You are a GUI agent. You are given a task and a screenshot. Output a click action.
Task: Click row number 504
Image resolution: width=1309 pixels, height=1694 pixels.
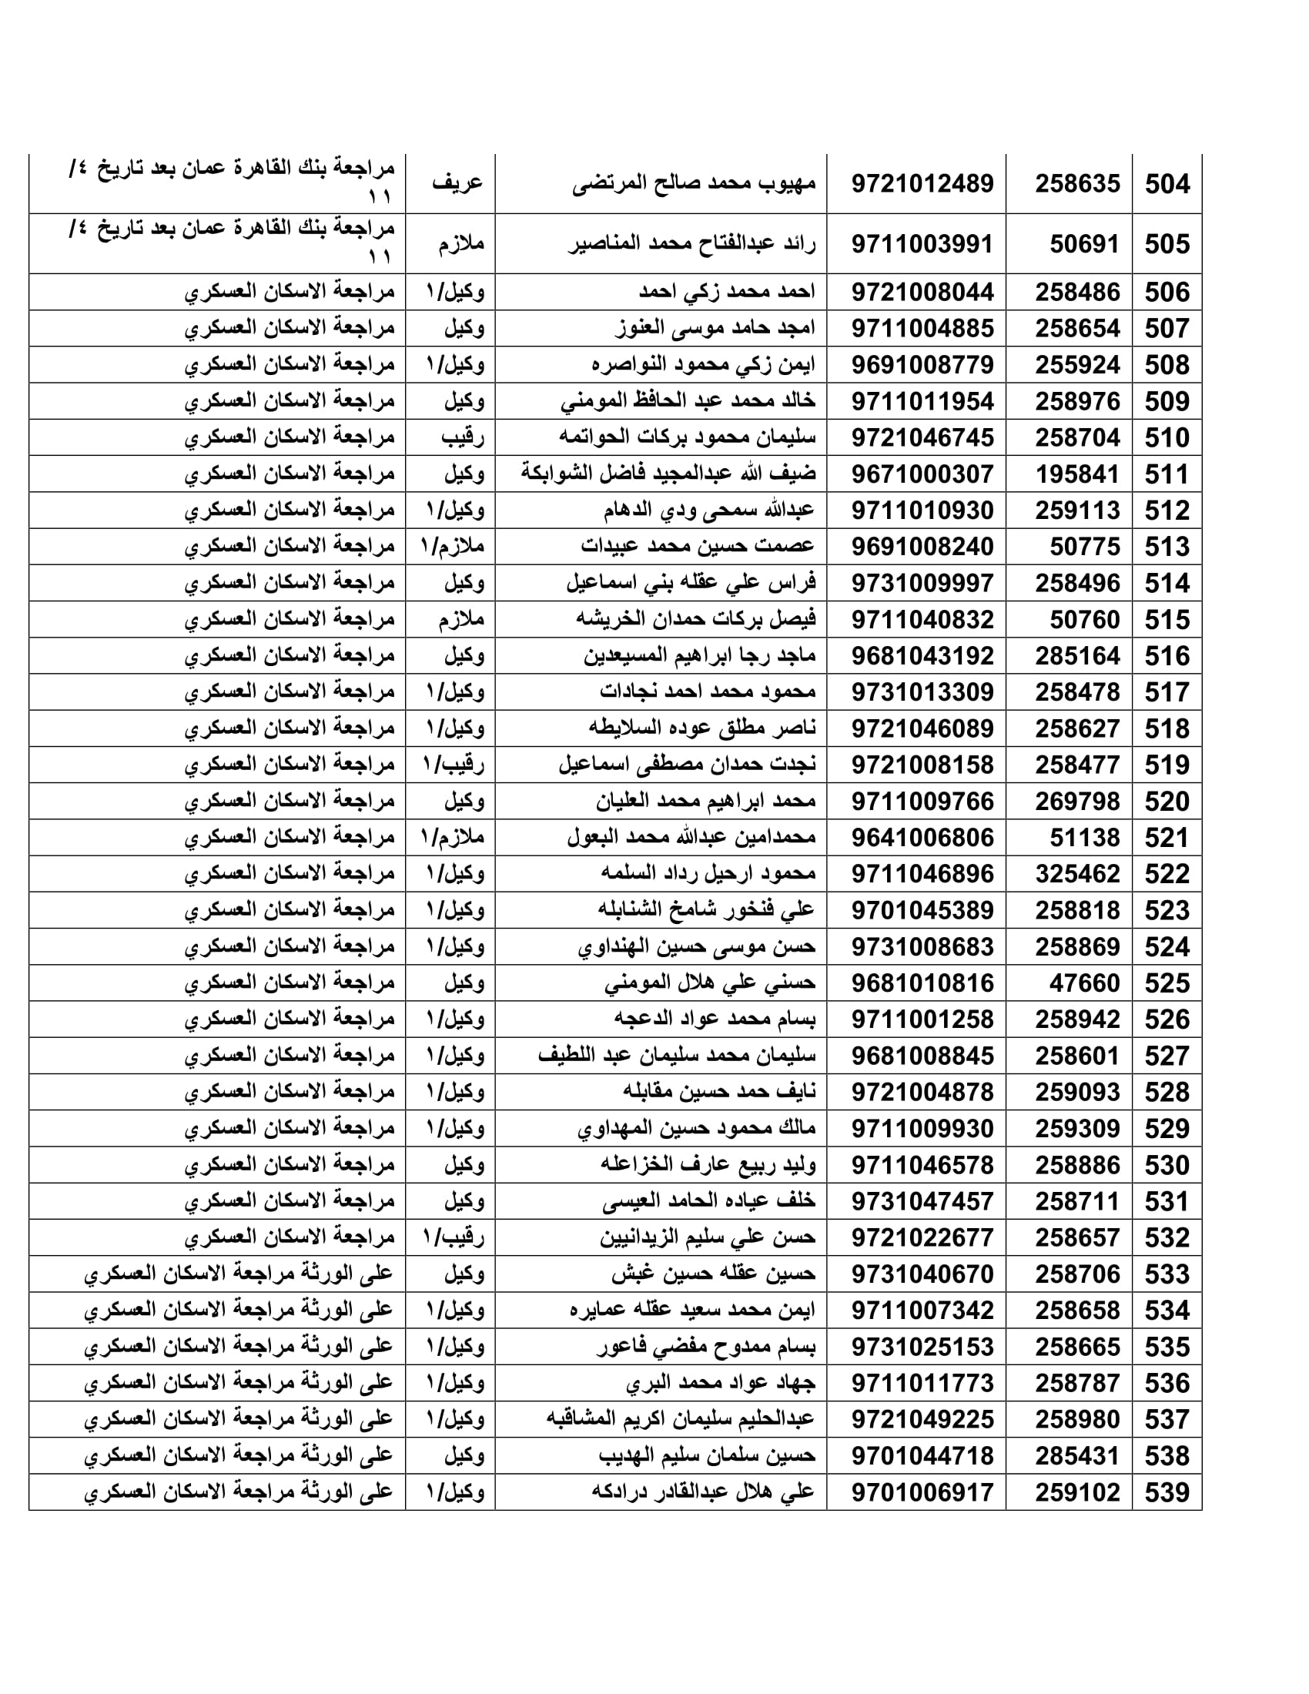click(1167, 185)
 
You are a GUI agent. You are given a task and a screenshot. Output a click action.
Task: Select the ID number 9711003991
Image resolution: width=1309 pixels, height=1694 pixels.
click(922, 244)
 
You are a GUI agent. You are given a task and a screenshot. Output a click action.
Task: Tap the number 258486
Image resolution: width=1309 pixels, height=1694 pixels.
click(1077, 293)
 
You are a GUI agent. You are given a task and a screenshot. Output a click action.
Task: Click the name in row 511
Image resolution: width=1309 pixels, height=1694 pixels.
click(668, 474)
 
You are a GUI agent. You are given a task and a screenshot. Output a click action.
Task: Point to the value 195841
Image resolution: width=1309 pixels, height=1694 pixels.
click(1077, 474)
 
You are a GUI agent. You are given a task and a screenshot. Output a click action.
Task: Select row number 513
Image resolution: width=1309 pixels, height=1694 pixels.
click(1167, 547)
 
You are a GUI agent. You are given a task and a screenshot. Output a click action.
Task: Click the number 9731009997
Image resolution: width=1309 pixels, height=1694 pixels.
click(922, 584)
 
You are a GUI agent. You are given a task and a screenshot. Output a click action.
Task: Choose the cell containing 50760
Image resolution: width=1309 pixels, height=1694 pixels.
click(1084, 620)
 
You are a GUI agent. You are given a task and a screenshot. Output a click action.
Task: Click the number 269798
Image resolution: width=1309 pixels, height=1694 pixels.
click(1077, 802)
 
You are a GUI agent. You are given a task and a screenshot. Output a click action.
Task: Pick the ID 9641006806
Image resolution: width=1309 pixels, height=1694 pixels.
click(922, 838)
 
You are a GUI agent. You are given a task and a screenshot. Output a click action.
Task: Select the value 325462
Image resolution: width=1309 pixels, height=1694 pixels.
click(1077, 874)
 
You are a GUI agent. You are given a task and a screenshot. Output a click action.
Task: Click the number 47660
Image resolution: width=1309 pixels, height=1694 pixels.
click(1084, 983)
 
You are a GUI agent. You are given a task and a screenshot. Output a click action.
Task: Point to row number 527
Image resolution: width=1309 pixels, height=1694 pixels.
click(1167, 1056)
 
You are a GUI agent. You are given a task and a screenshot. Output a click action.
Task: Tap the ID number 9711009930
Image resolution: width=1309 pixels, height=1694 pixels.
click(922, 1129)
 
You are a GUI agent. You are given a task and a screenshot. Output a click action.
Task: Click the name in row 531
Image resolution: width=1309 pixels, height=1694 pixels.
click(708, 1201)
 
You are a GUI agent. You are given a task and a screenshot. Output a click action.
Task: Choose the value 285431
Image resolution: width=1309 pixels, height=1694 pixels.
click(1077, 1456)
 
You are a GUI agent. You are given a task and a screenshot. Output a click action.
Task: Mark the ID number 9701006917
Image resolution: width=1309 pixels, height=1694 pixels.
click(922, 1492)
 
